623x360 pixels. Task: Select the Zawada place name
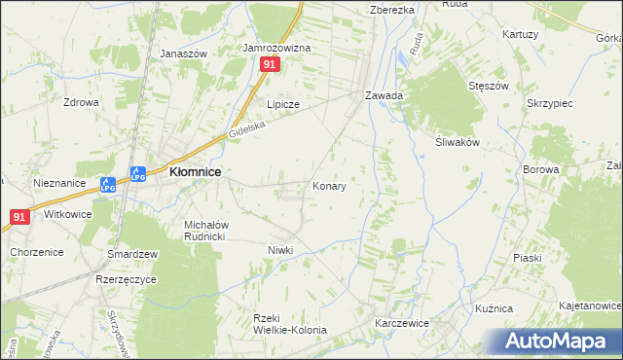click(384, 96)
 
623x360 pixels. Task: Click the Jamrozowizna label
click(276, 47)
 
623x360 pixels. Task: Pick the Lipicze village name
click(283, 104)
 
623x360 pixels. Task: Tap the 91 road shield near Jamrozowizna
click(271, 64)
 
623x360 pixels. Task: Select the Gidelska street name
click(246, 130)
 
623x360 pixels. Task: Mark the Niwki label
click(280, 250)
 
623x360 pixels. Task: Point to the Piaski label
click(526, 258)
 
